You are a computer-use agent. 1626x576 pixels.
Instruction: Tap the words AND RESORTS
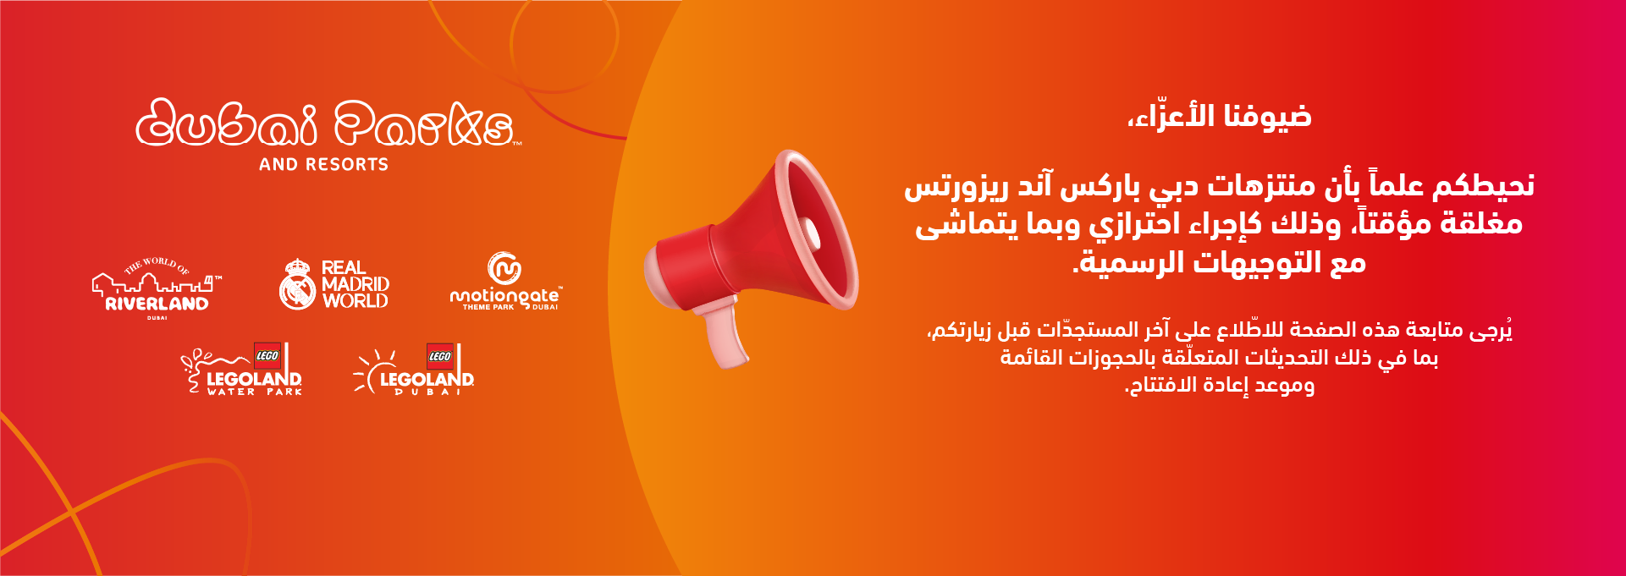tap(323, 164)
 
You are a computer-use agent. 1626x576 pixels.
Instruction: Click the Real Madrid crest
tap(297, 283)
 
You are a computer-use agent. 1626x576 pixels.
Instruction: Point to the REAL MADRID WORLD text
tap(356, 284)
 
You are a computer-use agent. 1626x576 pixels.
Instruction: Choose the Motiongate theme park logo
tap(505, 282)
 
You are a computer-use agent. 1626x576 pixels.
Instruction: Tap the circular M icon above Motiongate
tap(504, 268)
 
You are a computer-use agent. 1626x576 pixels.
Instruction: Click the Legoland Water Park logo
tap(242, 369)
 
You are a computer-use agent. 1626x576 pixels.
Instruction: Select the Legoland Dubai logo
tap(414, 370)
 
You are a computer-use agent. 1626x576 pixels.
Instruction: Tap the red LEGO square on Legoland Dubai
tap(440, 356)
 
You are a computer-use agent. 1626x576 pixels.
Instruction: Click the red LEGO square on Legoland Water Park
tap(267, 356)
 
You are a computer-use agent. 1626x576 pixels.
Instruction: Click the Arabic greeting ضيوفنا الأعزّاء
tap(1220, 115)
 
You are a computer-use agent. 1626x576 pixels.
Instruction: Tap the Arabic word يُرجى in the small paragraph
tap(1491, 329)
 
